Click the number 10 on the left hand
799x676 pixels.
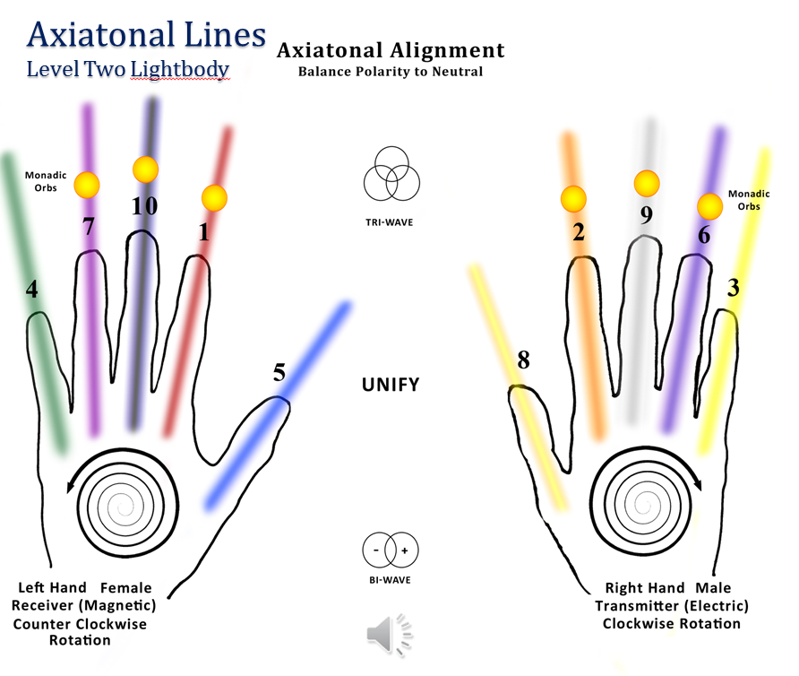click(x=144, y=205)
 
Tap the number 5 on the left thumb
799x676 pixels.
click(x=279, y=372)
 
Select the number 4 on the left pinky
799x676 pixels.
click(x=31, y=291)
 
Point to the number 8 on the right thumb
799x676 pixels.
click(x=523, y=360)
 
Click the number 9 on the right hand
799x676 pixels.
click(x=646, y=215)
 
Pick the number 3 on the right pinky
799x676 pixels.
click(x=733, y=288)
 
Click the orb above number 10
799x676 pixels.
click(x=145, y=169)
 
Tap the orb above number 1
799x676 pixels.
click(x=214, y=197)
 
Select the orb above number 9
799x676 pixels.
click(x=646, y=183)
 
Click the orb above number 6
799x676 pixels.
click(x=710, y=207)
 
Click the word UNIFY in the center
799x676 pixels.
click(x=391, y=386)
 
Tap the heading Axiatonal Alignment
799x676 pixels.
click(x=391, y=50)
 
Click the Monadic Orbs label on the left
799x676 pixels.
click(x=46, y=181)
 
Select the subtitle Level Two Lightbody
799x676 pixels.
click(x=128, y=69)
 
